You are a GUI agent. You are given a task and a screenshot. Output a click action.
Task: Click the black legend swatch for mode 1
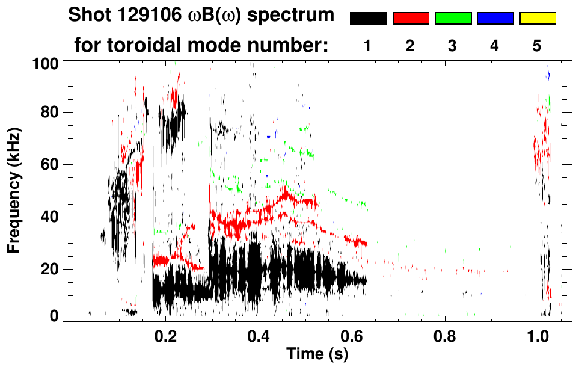click(368, 19)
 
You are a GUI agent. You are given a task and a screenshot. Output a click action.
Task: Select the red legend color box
click(411, 19)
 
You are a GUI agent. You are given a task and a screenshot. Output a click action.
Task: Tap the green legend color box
click(453, 19)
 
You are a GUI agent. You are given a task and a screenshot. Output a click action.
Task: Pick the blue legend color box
click(495, 19)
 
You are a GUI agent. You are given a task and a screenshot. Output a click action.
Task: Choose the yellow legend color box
click(538, 19)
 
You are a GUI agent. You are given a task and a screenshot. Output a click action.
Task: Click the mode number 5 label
click(537, 46)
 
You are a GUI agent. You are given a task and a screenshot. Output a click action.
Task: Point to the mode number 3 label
click(452, 46)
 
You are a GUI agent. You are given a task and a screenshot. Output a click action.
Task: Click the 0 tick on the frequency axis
click(58, 316)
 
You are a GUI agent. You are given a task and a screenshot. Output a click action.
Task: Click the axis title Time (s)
click(316, 354)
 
